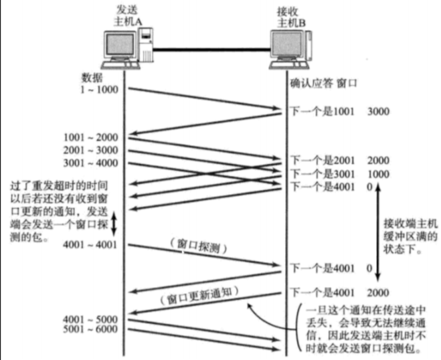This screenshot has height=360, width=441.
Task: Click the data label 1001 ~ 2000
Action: (91, 138)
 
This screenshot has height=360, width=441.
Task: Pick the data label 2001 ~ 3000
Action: (91, 150)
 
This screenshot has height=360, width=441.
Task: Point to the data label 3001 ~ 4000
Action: (91, 163)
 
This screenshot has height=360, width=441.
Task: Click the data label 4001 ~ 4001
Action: (91, 246)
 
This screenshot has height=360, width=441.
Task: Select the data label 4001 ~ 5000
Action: (91, 317)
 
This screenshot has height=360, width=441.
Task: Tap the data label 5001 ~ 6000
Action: (91, 329)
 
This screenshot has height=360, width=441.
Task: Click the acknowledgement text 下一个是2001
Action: (319, 161)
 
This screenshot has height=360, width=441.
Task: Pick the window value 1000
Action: (379, 173)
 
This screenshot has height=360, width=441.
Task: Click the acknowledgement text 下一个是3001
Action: (319, 173)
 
